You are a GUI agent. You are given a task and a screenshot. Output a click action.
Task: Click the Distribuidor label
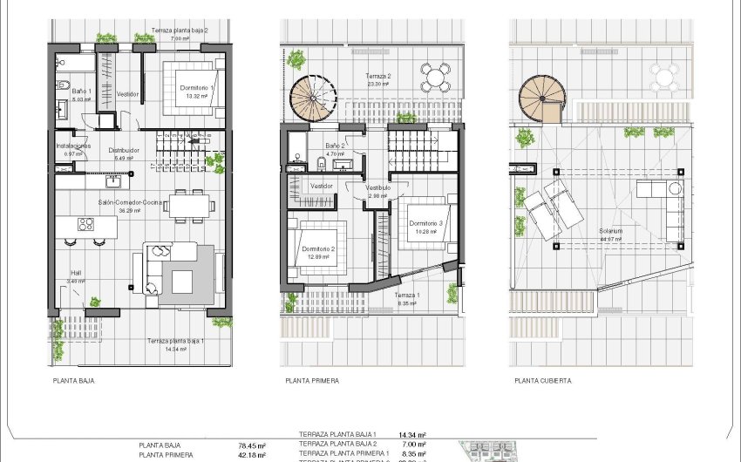(123, 150)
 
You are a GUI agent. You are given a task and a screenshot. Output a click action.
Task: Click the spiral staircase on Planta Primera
(313, 98)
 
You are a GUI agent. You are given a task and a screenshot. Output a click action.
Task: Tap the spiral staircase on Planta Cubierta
(540, 98)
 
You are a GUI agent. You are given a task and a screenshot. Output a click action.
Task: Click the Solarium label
(610, 231)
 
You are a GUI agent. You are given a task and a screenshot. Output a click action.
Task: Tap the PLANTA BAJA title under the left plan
(73, 381)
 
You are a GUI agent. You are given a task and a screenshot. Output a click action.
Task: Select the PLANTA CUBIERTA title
(543, 381)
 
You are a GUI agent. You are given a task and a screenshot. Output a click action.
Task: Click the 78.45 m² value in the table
(252, 445)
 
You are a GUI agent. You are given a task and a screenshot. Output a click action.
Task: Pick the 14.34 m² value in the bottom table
(411, 434)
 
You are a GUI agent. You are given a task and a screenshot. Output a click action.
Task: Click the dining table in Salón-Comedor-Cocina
(189, 205)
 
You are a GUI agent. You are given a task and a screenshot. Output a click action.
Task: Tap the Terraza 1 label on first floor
(406, 296)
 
